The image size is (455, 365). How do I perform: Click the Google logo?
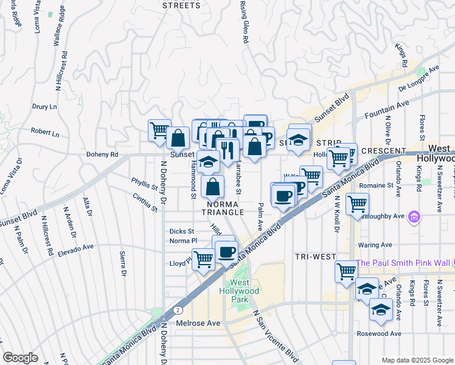(x=20, y=358)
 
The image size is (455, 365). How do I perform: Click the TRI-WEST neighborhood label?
(x=316, y=257)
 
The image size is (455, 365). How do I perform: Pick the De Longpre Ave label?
(x=419, y=80)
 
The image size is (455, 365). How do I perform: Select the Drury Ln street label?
(x=44, y=106)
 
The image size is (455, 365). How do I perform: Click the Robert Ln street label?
(x=45, y=132)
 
